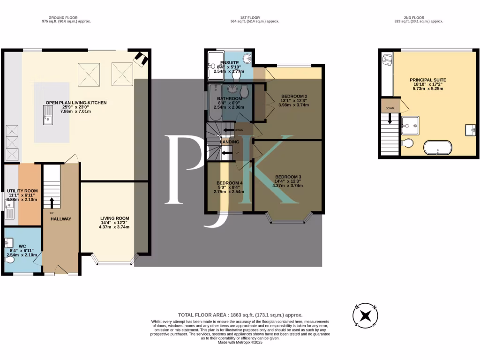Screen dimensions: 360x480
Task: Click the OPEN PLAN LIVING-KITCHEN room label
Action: (76, 102)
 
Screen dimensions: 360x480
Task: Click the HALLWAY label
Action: (60, 218)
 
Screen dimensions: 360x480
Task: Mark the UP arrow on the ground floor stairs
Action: (52, 202)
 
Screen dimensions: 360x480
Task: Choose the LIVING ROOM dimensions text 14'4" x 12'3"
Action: (114, 223)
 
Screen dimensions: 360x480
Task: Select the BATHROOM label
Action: (229, 98)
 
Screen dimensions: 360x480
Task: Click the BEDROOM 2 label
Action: (291, 95)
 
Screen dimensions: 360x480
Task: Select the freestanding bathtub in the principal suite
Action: (438, 148)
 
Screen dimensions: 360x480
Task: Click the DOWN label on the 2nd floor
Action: (390, 107)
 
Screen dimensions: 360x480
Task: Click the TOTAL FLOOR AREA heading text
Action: (240, 315)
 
